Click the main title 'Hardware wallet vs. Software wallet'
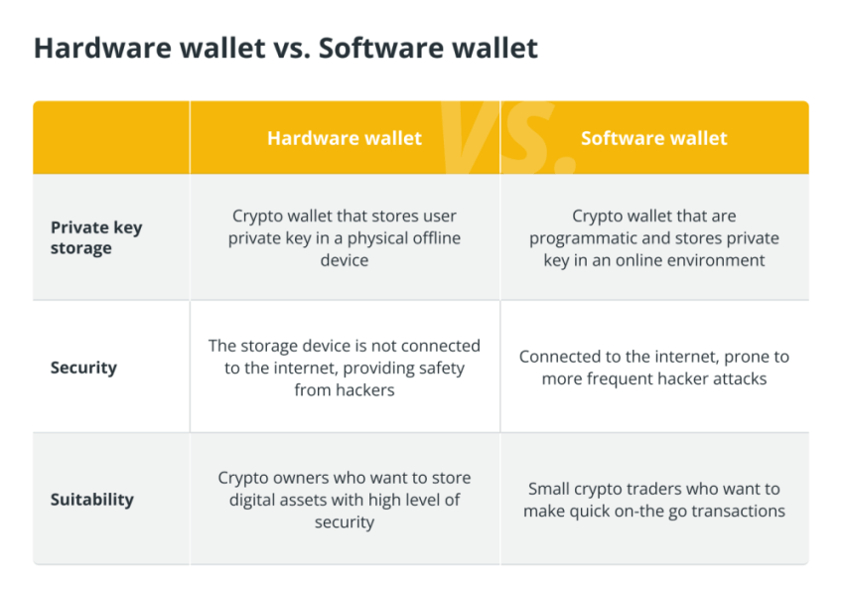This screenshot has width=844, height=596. pyautogui.click(x=286, y=48)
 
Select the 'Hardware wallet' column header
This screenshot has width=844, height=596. pyautogui.click(x=345, y=138)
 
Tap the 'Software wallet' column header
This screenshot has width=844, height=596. pyautogui.click(x=654, y=138)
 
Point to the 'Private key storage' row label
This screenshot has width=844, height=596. pyautogui.click(x=96, y=237)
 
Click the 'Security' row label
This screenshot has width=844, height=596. pyautogui.click(x=83, y=368)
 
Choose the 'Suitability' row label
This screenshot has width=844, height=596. pyautogui.click(x=92, y=500)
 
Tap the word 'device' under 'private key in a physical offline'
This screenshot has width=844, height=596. pyautogui.click(x=345, y=260)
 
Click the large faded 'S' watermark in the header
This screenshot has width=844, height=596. pyautogui.click(x=530, y=135)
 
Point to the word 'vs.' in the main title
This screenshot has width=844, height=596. pyautogui.click(x=292, y=48)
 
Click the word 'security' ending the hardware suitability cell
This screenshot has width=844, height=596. pyautogui.click(x=345, y=522)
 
